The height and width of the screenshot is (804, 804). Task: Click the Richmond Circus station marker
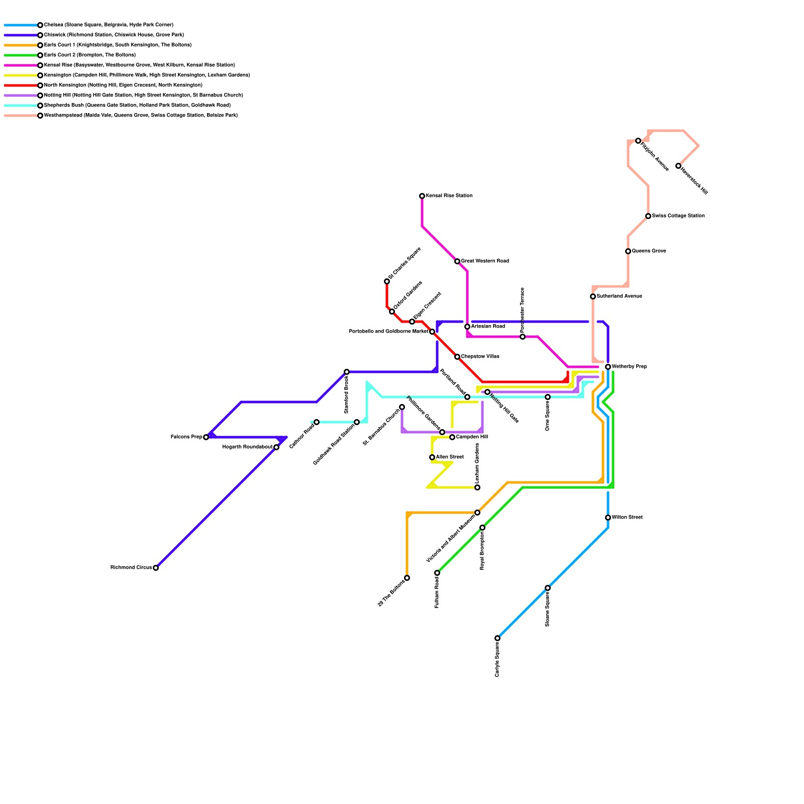click(x=156, y=568)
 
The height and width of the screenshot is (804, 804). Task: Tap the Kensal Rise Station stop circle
click(x=422, y=196)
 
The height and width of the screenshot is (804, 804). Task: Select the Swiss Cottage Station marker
click(x=648, y=216)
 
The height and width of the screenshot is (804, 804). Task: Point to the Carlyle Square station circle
click(x=497, y=638)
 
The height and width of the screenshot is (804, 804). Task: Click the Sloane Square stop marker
click(x=548, y=588)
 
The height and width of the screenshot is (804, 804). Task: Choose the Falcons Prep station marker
click(x=206, y=437)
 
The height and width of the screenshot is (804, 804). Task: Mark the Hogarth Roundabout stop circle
click(x=276, y=447)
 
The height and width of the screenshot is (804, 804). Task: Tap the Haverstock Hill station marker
click(x=678, y=166)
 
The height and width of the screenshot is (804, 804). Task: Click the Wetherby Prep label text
click(x=629, y=367)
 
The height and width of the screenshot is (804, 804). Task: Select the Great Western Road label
click(x=485, y=261)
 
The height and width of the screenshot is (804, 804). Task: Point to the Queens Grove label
click(x=649, y=251)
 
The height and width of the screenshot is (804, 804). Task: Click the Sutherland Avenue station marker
click(x=593, y=296)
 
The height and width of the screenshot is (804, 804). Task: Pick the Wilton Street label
click(x=627, y=518)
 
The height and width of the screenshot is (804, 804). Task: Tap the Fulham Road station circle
click(x=437, y=573)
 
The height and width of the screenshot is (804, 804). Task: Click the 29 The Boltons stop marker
click(x=407, y=578)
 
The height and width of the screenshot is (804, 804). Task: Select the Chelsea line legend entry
click(x=108, y=25)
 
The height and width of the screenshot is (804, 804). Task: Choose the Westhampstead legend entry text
click(x=141, y=116)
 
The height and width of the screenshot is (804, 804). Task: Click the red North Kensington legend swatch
click(x=20, y=85)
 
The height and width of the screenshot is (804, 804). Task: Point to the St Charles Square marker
click(x=387, y=281)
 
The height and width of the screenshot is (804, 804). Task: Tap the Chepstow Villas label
click(x=480, y=357)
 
